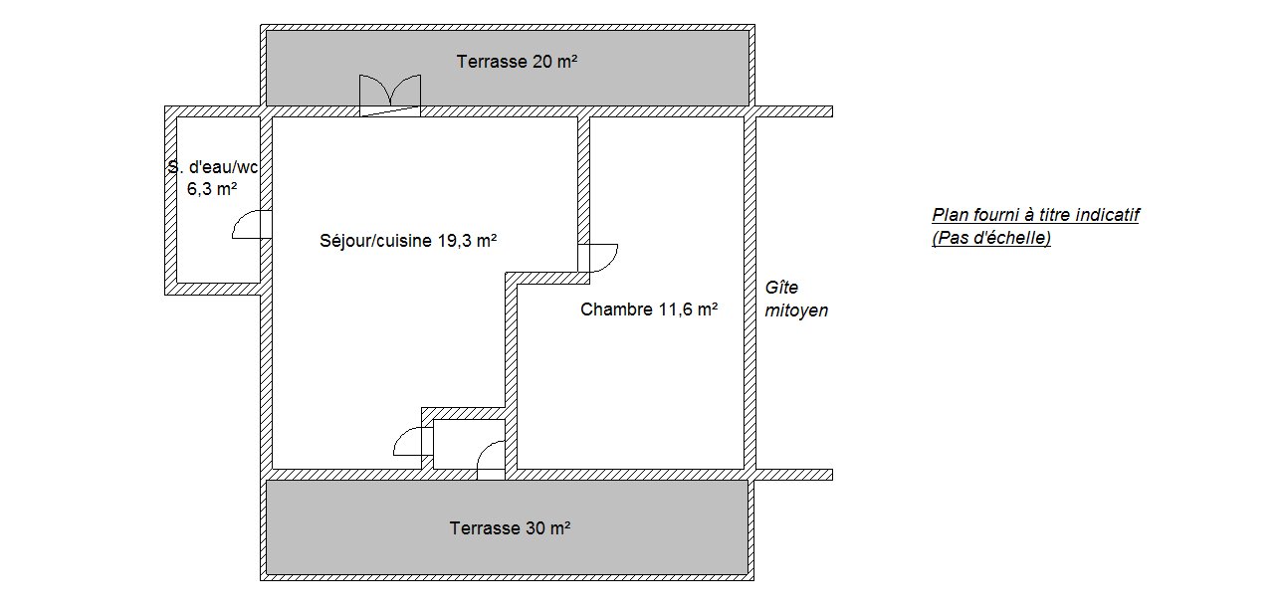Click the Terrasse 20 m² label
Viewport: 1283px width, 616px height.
pyautogui.click(x=517, y=62)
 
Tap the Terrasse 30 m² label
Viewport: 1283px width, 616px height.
pyautogui.click(x=510, y=527)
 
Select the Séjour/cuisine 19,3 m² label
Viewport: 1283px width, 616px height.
pyautogui.click(x=408, y=241)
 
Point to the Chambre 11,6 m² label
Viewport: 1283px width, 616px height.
pyautogui.click(x=649, y=309)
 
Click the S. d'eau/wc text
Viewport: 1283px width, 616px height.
pyautogui.click(x=213, y=167)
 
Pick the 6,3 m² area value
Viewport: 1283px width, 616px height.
pyautogui.click(x=212, y=188)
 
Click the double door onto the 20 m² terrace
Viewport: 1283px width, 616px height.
pyautogui.click(x=390, y=96)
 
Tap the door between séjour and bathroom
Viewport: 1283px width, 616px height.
pyautogui.click(x=252, y=225)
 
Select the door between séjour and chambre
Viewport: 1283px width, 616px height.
pyautogui.click(x=598, y=258)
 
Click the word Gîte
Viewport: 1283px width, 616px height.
pyautogui.click(x=781, y=288)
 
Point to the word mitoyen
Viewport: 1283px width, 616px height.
pyautogui.click(x=796, y=310)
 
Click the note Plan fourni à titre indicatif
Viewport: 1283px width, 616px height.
pyautogui.click(x=1035, y=215)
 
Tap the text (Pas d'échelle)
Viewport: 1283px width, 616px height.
pyautogui.click(x=991, y=238)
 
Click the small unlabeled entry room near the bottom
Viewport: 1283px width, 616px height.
pyautogui.click(x=469, y=444)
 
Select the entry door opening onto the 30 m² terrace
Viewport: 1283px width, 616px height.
pyautogui.click(x=491, y=461)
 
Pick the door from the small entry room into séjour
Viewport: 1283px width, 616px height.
pyautogui.click(x=413, y=442)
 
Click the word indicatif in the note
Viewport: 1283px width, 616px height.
pyautogui.click(x=1107, y=215)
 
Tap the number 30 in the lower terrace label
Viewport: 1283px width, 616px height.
pyautogui.click(x=535, y=527)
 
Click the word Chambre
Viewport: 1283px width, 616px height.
pyautogui.click(x=616, y=309)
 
